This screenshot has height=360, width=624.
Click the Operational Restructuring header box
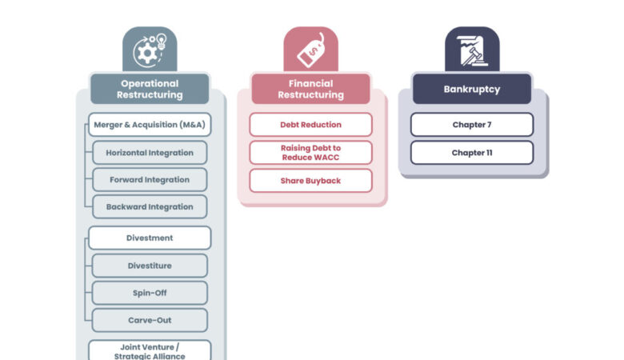tap(150, 89)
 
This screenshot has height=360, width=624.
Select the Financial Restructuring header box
tap(311, 89)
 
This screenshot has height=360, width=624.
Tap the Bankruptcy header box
tap(472, 89)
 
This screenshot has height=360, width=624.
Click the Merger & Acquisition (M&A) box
tap(150, 125)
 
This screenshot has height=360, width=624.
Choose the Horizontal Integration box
tap(150, 153)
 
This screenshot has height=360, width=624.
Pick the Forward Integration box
tap(150, 180)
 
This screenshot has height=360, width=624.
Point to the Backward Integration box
tap(150, 207)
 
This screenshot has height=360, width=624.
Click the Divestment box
tap(150, 238)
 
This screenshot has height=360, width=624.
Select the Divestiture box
tap(150, 266)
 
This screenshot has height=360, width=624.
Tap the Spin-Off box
tap(150, 293)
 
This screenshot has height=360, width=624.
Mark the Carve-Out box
tap(150, 320)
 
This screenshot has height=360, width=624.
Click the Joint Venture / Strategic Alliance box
tap(150, 350)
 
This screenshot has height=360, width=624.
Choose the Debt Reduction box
tap(311, 125)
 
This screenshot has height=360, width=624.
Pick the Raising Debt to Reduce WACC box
tap(311, 153)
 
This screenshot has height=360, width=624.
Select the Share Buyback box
tap(311, 181)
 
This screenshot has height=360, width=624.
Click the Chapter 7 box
tap(472, 125)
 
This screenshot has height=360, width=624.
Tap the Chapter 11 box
tap(472, 153)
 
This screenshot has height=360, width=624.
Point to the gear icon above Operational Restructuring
tap(147, 53)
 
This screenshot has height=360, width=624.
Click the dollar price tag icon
tap(311, 50)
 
